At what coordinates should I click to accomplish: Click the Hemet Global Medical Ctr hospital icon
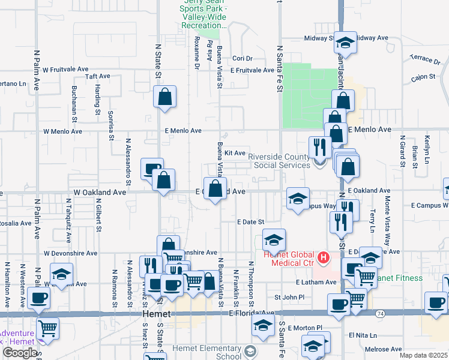coord(324,258)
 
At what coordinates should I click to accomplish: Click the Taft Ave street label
coord(98,76)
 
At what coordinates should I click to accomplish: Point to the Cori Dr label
coord(243,58)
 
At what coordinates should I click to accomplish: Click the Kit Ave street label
coord(235,153)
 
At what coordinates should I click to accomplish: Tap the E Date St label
coord(250,222)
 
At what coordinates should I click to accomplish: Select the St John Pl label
coord(290,297)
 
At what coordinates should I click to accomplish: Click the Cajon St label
coord(423,78)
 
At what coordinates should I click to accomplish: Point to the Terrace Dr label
coord(425,59)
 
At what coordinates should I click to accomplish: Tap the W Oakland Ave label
coord(100,192)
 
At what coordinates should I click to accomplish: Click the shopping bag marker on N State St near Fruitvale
coord(164,97)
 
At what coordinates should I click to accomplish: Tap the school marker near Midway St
coord(345,43)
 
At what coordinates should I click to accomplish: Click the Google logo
coord(20,353)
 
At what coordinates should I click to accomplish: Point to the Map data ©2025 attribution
coord(423,355)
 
